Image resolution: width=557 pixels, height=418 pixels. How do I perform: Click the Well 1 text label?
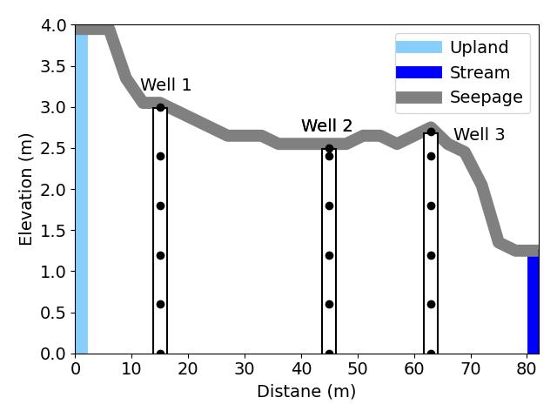coord(166,85)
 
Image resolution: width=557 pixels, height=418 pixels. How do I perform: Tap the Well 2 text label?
coord(327,125)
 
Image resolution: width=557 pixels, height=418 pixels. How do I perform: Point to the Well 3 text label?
coord(480,135)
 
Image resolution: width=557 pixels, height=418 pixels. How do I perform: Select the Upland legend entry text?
coord(480,48)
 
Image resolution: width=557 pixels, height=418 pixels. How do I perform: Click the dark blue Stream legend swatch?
coord(419,72)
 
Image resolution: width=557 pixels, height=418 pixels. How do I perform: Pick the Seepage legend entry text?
coord(487,98)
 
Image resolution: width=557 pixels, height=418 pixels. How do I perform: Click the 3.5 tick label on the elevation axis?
coord(53,66)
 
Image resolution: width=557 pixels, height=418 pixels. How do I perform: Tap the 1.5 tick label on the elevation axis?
coord(53,231)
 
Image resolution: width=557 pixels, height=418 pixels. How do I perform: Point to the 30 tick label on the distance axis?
coord(245,369)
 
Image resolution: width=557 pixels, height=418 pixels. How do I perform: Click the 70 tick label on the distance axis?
coord(471,369)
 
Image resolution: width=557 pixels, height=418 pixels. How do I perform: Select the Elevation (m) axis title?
coord(25,190)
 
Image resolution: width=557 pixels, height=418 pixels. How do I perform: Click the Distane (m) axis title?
coord(306,392)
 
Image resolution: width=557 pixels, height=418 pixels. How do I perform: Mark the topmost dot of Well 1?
coord(160,107)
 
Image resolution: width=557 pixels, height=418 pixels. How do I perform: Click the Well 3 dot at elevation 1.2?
coord(432,255)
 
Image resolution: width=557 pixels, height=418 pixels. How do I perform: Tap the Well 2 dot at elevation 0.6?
coord(329,304)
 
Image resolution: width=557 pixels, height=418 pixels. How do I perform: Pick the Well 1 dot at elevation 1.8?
coord(160,206)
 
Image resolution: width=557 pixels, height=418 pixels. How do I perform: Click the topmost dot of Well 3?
coord(432,131)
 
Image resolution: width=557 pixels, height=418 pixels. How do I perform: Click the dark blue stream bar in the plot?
coord(534,305)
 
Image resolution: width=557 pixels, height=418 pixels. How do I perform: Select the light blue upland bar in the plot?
coord(82,193)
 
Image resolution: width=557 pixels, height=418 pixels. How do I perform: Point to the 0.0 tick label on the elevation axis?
coord(53,354)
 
